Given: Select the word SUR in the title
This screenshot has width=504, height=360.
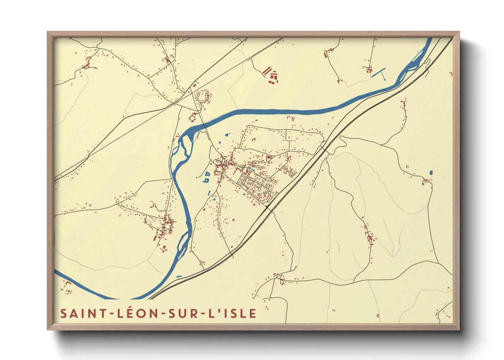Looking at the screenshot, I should click(x=183, y=313).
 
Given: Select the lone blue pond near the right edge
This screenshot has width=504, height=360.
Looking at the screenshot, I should click(x=431, y=173).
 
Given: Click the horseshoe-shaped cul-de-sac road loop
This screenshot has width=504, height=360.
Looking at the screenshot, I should click(x=203, y=96).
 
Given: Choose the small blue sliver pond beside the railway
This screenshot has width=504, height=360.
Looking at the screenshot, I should click(x=179, y=276).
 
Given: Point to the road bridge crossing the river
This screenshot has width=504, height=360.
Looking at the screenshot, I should click(x=204, y=127).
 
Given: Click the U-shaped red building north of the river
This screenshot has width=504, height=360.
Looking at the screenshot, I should click(x=192, y=117).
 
